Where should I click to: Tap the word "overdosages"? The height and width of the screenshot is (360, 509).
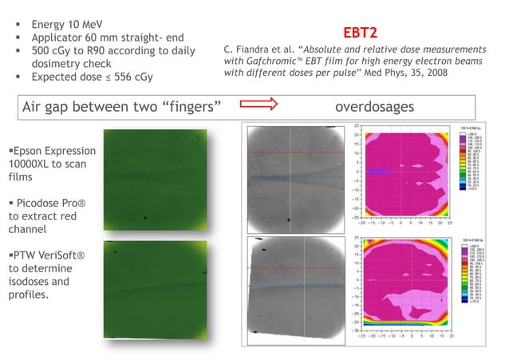pyautogui.click(x=374, y=106)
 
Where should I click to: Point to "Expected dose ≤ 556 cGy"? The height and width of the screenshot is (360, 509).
pyautogui.click(x=92, y=77)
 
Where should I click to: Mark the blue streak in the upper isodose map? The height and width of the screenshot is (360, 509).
pyautogui.click(x=377, y=172)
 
